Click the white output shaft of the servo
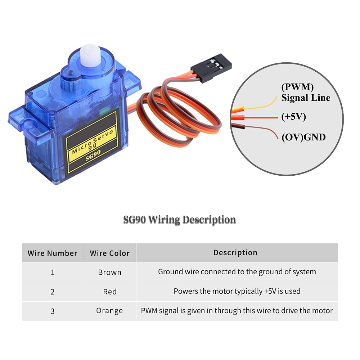[90, 55]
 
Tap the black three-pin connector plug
[211, 68]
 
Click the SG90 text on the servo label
[93, 155]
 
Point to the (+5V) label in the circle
[294, 117]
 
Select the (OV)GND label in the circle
[303, 137]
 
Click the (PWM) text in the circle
[297, 87]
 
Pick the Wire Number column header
[52, 253]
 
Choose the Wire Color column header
[110, 253]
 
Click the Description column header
[235, 253]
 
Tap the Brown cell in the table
[110, 272]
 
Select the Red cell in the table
[110, 292]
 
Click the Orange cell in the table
[109, 311]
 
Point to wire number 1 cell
[53, 272]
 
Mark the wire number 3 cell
[53, 311]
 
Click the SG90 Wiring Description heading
[180, 220]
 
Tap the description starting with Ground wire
[237, 272]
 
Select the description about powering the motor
[237, 291]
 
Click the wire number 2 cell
[53, 292]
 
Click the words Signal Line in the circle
[306, 98]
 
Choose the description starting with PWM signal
[237, 311]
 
